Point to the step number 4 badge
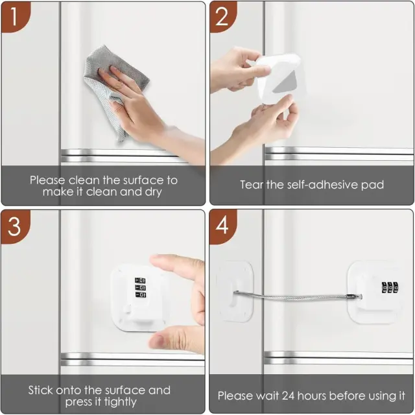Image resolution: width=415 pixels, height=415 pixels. click(x=222, y=226)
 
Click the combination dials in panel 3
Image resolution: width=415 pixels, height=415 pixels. click(x=140, y=287)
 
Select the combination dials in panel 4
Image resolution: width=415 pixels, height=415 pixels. click(x=390, y=288)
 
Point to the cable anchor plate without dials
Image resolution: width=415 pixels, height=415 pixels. click(x=235, y=291)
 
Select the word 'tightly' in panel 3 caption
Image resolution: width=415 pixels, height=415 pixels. click(x=121, y=402)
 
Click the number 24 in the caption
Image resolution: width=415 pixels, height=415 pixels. click(x=288, y=396)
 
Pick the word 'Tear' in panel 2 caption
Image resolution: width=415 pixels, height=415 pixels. click(x=252, y=185)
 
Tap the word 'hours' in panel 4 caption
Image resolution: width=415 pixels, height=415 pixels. click(x=312, y=396)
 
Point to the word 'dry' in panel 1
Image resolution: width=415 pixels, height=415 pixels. click(x=153, y=192)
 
